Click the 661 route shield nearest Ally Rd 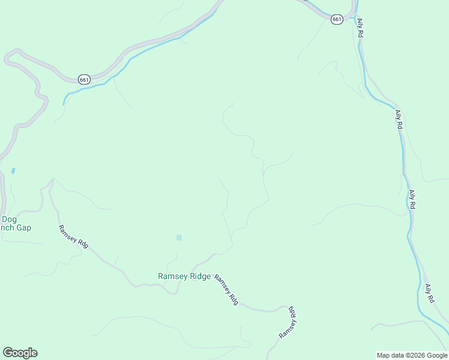point(337,19)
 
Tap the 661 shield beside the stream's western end point(84,79)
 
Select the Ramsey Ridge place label point(184,277)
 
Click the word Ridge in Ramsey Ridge point(200,277)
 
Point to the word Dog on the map point(9,219)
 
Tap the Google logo point(20,353)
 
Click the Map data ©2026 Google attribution point(412,355)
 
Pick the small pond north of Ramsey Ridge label point(179,238)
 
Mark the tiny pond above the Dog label point(13,170)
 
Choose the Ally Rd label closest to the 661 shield point(360,28)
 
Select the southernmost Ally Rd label point(429,293)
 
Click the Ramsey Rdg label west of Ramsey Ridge point(73,237)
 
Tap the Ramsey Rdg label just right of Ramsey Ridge point(226,290)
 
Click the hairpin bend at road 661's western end point(8,58)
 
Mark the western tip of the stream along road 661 point(64,103)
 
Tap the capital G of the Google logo point(8,353)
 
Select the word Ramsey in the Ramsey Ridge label point(172,277)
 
